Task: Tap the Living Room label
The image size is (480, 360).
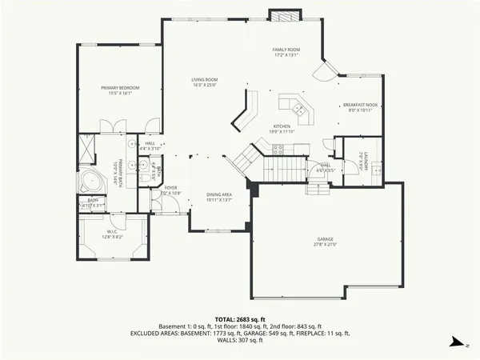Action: (204, 79)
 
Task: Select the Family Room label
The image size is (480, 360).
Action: (285, 50)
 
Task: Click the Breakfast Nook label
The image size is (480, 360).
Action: (359, 105)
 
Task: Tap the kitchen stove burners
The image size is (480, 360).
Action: (278, 147)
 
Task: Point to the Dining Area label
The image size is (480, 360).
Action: (219, 194)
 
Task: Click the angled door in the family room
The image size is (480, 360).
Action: (323, 74)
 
